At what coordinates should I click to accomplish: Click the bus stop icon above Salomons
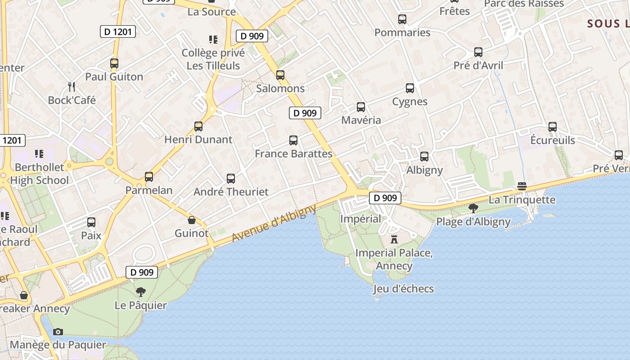coord(280,75)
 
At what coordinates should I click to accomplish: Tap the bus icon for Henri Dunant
coord(198,126)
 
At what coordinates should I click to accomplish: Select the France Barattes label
coord(293,154)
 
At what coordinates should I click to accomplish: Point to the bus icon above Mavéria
coord(361,107)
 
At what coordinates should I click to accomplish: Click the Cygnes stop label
coord(409,102)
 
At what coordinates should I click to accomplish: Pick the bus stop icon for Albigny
coord(424,157)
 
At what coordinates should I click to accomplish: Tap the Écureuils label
coord(553,140)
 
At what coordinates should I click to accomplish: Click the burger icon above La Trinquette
coord(522,186)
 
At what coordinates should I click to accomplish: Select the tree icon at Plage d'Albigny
coord(473,208)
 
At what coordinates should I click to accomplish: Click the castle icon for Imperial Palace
coord(394,239)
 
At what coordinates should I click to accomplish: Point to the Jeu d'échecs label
coord(404,289)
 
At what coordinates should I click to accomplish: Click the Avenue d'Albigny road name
coord(274,223)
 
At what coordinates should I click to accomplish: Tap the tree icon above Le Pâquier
coord(141,292)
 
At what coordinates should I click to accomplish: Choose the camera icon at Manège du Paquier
coord(58,332)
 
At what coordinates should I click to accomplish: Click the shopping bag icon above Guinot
coord(192,220)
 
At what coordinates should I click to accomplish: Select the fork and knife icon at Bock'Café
coord(71,86)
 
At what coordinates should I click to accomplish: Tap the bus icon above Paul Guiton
coord(114,63)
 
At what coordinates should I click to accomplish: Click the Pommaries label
coord(402,33)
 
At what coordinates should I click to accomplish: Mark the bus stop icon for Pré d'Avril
coord(478,52)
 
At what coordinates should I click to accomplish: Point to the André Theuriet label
coord(231,192)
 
